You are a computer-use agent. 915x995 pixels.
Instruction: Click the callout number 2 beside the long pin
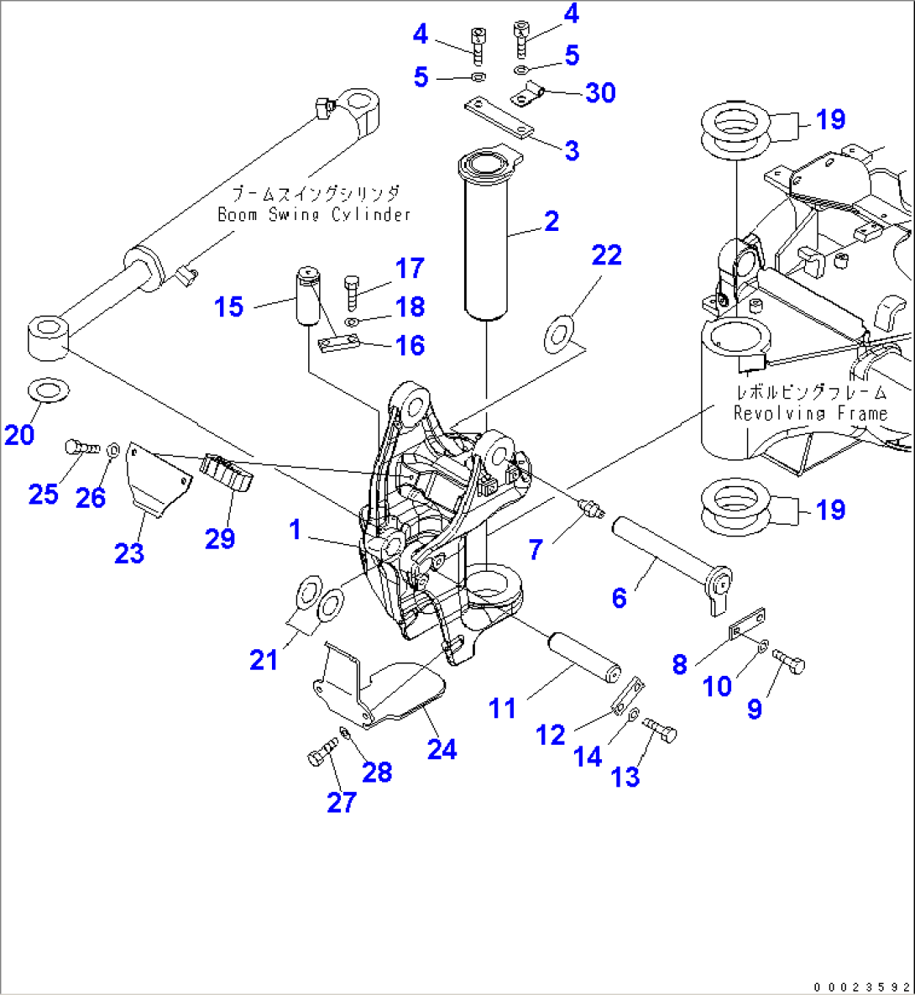(551, 222)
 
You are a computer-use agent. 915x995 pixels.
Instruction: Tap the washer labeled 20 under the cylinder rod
(49, 390)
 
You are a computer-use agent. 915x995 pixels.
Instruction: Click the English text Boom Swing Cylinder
(314, 215)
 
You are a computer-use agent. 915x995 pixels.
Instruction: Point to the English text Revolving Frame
(810, 413)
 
